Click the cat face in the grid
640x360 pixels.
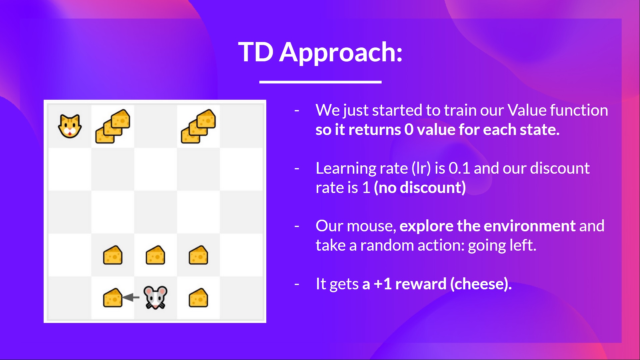click(x=70, y=126)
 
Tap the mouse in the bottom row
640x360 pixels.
click(x=155, y=297)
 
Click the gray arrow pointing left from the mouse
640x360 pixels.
click(x=131, y=297)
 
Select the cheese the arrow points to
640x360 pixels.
click(x=113, y=298)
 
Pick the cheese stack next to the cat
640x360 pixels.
click(x=113, y=126)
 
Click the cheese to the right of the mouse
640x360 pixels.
click(x=198, y=298)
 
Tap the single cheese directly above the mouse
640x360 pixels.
click(x=155, y=255)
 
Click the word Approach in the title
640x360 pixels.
click(x=341, y=53)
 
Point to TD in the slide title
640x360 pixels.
click(x=256, y=52)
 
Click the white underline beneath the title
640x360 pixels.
click(x=320, y=82)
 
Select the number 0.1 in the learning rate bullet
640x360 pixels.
click(x=459, y=168)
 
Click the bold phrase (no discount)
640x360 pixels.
click(x=420, y=188)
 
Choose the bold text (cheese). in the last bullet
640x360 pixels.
click(x=481, y=284)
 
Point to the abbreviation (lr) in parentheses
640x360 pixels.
click(x=421, y=168)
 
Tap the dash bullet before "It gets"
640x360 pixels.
click(x=297, y=284)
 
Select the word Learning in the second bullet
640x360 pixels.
click(x=361, y=169)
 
